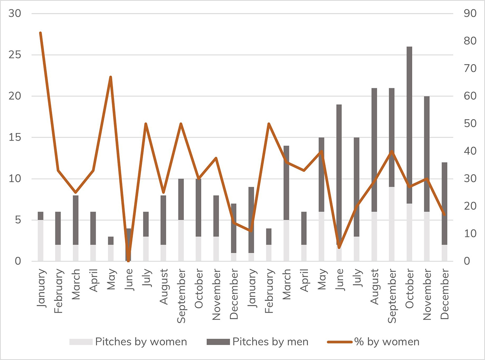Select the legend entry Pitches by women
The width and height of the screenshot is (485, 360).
(x=128, y=342)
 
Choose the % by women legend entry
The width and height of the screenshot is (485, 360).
(x=373, y=342)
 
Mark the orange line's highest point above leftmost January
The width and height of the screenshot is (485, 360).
(x=40, y=33)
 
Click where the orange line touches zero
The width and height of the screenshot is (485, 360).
(x=129, y=261)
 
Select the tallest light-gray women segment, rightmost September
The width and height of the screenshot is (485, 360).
(x=392, y=224)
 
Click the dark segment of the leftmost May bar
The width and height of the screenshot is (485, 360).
(x=110, y=241)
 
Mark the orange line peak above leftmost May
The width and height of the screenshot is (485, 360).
(x=110, y=77)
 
